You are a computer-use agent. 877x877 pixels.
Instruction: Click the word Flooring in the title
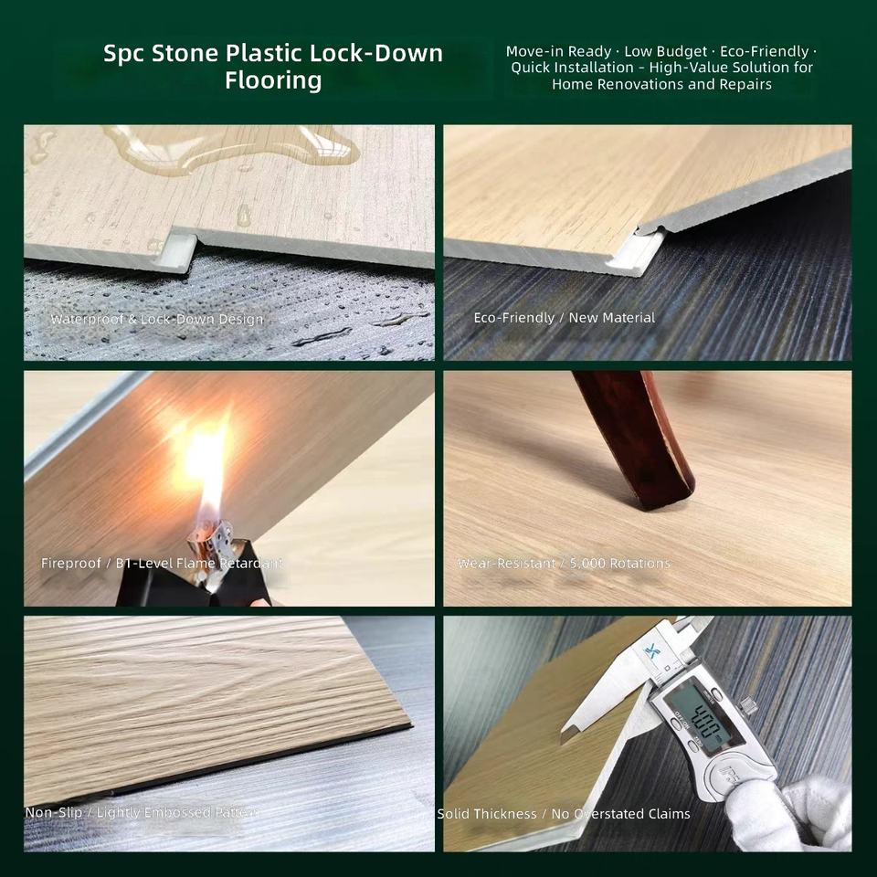(x=273, y=80)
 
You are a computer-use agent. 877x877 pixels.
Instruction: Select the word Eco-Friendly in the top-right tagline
(x=764, y=51)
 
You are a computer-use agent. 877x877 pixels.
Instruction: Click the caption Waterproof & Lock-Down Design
(x=156, y=320)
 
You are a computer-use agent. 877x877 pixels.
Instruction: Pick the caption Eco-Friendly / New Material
(x=565, y=318)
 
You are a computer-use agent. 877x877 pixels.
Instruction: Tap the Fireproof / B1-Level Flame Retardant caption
(x=162, y=563)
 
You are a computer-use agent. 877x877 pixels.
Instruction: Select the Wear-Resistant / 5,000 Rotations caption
(x=564, y=564)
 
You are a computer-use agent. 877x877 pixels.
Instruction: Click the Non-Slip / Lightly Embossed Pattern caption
(x=143, y=812)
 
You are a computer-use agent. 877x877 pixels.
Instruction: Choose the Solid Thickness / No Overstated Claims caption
(x=564, y=814)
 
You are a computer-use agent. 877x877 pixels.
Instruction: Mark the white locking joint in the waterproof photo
(x=174, y=252)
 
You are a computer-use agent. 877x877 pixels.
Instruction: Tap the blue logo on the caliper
(x=652, y=651)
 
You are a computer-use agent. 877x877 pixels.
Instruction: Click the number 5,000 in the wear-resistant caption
(x=587, y=564)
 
